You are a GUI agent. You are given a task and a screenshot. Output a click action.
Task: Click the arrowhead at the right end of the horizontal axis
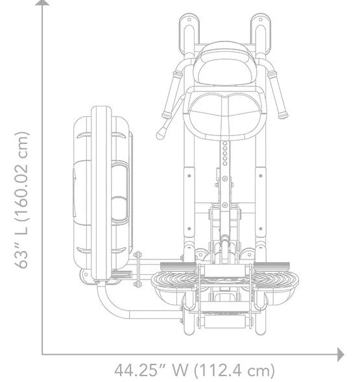coord(341,355)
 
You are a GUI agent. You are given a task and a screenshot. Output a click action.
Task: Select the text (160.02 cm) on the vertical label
coord(22,176)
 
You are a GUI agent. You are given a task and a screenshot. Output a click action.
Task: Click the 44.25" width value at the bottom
coord(139,370)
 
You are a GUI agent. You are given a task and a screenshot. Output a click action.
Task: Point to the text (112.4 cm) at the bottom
coord(234,370)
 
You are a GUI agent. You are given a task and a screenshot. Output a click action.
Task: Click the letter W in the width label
coord(180,370)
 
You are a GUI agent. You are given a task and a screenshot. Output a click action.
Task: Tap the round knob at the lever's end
coord(161,134)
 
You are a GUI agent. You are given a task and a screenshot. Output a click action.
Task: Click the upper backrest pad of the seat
coord(226,65)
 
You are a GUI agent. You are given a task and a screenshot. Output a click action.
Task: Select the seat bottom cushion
coord(225,113)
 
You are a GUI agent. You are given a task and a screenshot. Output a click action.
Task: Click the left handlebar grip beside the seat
coord(171,95)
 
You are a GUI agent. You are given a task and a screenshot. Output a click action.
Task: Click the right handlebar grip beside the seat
coord(278,95)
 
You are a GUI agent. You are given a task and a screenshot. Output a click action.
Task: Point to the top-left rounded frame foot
coord(189,33)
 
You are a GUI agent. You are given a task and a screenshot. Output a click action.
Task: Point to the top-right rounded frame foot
coord(261,33)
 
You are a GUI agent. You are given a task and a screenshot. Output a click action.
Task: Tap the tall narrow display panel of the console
coord(101,193)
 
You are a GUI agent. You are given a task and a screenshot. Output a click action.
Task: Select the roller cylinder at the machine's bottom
coord(224,322)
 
